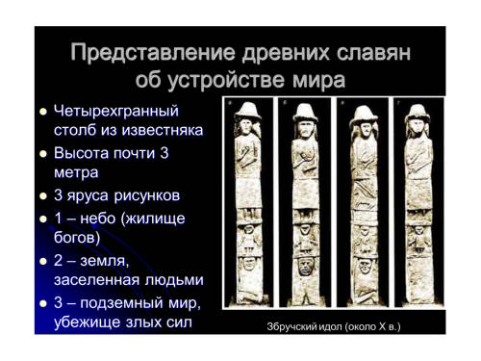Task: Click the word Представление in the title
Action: pos(153,53)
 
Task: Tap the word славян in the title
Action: pos(373,53)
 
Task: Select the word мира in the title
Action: pos(318,80)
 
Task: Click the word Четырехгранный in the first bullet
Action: pos(116,112)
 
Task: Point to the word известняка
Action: pos(163,130)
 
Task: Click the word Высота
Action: pos(81,153)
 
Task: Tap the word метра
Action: pos(76,173)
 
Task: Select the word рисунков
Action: pos(147,195)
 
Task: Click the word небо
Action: pos(98,219)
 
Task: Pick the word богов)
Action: pos(77,238)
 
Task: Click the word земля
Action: pos(105,261)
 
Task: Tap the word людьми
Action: pos(174,280)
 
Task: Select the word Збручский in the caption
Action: pos(291,326)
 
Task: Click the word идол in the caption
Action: pos(331,326)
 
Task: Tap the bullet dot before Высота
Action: pos(43,154)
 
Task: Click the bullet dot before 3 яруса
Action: pos(43,196)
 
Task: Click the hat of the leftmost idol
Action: pos(248,111)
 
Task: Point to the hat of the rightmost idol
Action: pos(418,113)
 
